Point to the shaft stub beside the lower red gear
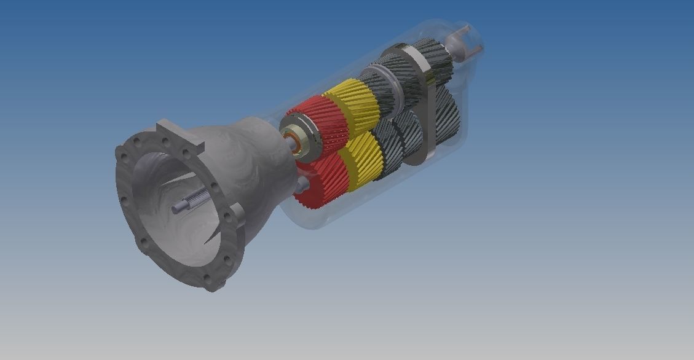302,184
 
